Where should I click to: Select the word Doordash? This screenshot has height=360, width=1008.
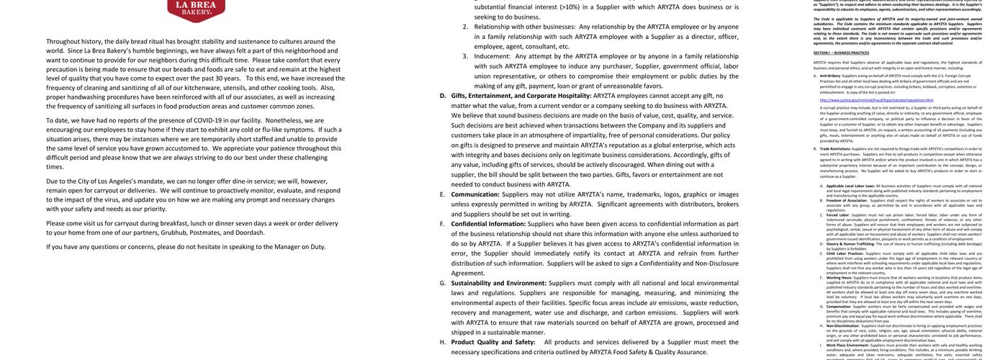(250, 233)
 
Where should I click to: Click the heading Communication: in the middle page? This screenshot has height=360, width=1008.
(474, 194)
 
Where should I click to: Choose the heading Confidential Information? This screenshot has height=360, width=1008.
(487, 224)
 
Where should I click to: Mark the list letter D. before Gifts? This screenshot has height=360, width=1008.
(443, 96)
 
